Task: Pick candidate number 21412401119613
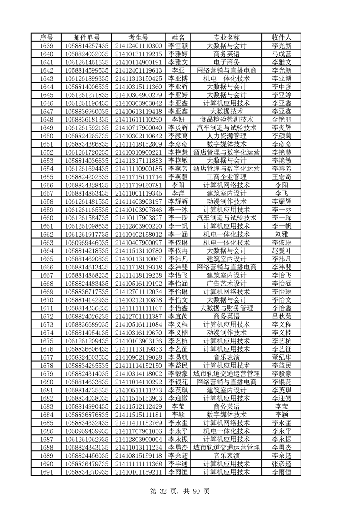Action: coord(138,70)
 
